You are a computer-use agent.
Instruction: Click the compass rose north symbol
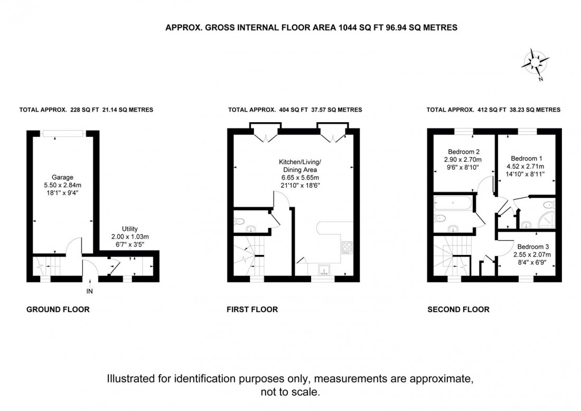coord(536,64)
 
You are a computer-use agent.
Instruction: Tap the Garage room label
coord(62,177)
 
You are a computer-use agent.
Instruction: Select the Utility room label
coord(130,229)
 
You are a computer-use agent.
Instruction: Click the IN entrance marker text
coord(90,291)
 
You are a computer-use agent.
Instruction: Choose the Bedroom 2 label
coord(464,152)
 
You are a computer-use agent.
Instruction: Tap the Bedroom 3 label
coord(533,246)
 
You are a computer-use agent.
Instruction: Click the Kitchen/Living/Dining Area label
coord(300,166)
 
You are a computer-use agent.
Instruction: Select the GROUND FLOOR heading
coord(58,309)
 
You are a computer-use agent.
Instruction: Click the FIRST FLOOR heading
coord(252,309)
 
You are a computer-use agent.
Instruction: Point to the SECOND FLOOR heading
coord(458,309)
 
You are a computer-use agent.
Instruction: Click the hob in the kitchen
coord(347,248)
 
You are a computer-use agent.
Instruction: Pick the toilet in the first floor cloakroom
coord(239,222)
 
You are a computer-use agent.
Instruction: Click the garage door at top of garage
coord(63,133)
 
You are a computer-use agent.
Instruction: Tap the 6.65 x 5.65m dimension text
coord(300,178)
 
